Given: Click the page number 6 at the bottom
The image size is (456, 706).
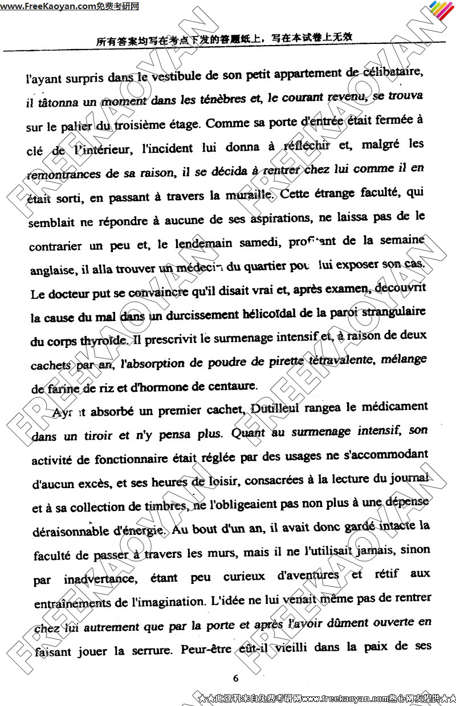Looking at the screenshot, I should [x=235, y=678].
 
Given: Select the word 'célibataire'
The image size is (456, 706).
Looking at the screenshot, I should [x=391, y=73].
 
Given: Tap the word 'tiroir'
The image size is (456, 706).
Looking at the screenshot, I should [x=96, y=436].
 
